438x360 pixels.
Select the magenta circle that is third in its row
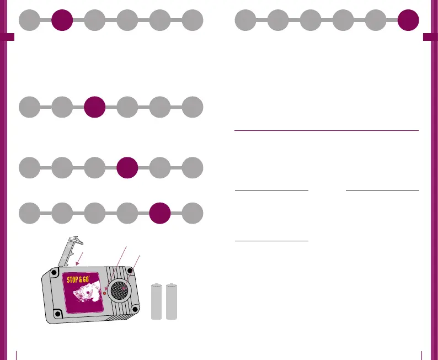pos(95,107)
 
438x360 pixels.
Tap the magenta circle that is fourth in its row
pos(127,167)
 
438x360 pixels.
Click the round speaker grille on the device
pos(119,290)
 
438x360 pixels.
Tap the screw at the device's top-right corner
pos(130,271)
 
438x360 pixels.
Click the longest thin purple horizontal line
pos(327,131)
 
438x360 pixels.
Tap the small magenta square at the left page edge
pos(7,37)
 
